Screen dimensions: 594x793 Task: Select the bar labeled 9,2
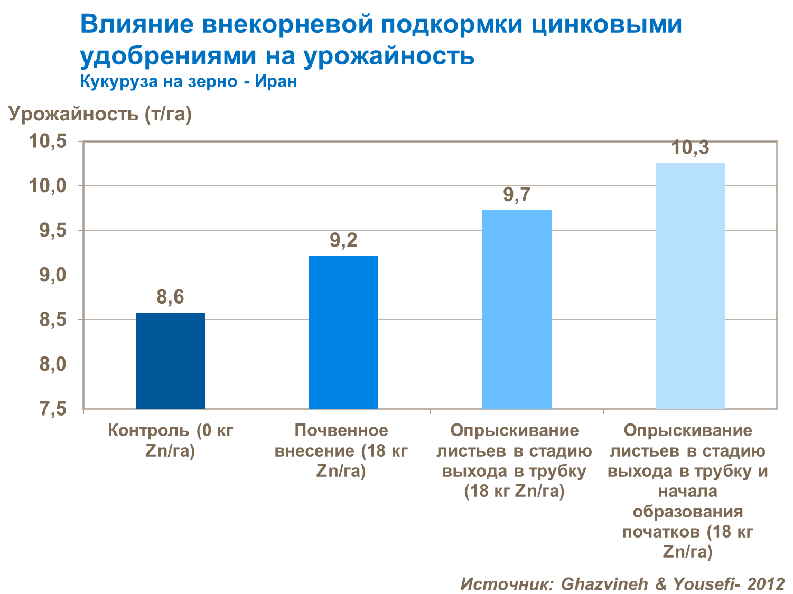343,332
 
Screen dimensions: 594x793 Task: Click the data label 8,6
170,297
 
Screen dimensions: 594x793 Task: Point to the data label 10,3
690,148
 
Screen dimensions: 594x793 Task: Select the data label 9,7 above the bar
517,195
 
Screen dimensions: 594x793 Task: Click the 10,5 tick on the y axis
48,142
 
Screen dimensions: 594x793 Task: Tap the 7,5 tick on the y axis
53,409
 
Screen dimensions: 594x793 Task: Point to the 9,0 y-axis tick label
53,275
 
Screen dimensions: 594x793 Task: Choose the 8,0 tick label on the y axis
53,364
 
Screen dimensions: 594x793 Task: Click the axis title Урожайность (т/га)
100,114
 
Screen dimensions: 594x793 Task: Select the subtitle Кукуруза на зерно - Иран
188,81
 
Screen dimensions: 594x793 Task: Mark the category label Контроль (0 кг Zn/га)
170,440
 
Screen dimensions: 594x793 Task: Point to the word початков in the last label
661,532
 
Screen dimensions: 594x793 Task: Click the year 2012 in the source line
766,583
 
